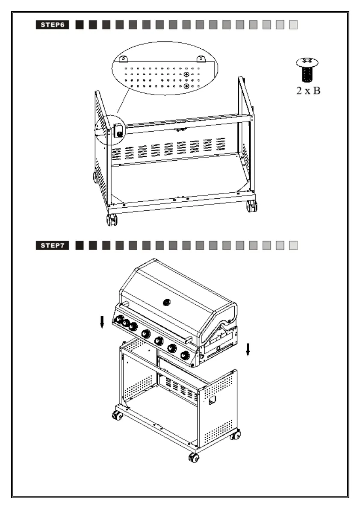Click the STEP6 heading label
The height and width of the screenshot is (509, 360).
tap(53, 25)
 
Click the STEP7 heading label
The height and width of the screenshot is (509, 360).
tap(53, 246)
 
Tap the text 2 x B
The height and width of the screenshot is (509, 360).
tap(309, 91)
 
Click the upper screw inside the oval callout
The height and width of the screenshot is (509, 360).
tap(187, 75)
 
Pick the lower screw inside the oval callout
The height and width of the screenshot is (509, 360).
tap(187, 86)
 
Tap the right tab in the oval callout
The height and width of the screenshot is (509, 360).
tap(201, 59)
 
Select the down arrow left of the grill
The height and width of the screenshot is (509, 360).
tap(102, 323)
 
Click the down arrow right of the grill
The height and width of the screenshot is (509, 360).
tap(248, 349)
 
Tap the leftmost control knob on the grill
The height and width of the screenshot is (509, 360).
tap(119, 320)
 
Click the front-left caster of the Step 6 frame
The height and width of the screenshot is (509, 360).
tap(112, 220)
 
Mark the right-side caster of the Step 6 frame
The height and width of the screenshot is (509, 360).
tap(251, 206)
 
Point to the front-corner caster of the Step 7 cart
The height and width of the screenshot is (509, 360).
tap(193, 458)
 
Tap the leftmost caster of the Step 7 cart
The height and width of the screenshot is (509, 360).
tap(116, 415)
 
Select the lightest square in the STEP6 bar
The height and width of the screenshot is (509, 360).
tap(293, 25)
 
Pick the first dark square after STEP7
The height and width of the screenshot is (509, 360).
tap(79, 246)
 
